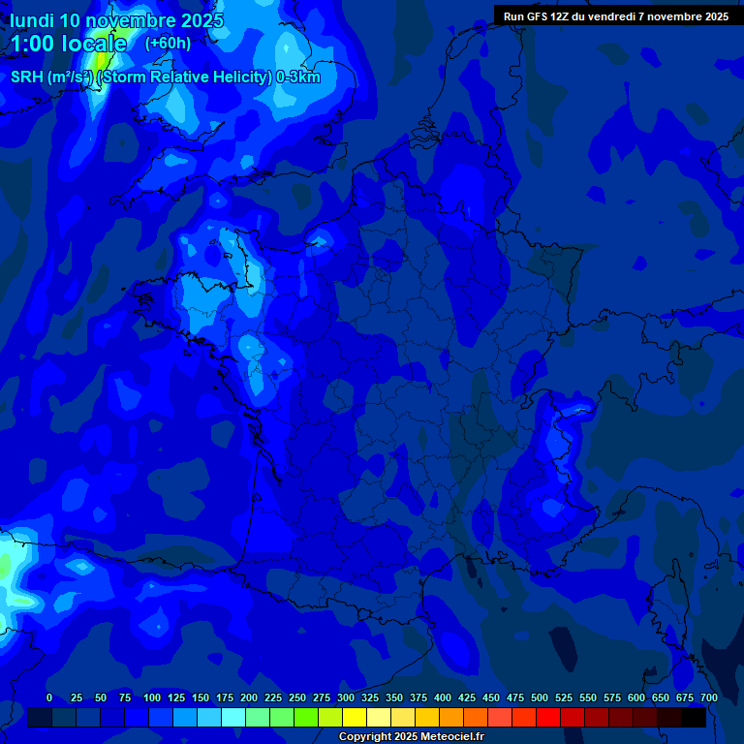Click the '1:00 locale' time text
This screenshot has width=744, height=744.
[69, 44]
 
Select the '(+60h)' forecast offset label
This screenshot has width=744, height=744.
[168, 44]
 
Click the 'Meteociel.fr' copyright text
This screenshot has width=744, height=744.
[446, 737]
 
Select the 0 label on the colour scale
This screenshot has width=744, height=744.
[49, 697]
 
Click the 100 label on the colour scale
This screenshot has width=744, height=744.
[151, 697]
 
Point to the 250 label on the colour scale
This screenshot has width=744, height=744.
[297, 697]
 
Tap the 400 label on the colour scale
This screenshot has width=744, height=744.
[443, 697]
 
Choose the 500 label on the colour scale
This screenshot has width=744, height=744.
[540, 697]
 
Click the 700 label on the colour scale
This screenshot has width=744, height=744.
[708, 697]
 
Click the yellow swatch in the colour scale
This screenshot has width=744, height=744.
[355, 717]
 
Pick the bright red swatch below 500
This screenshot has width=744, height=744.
[548, 717]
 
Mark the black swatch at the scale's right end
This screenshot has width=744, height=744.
[694, 717]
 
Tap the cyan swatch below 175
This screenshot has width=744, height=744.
[233, 717]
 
